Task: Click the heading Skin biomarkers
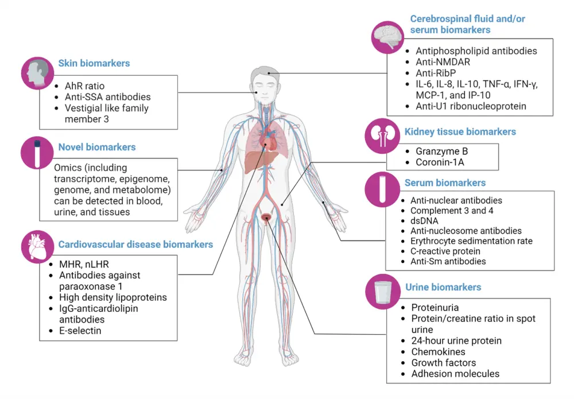[x=94, y=63]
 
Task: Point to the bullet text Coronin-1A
[x=439, y=162]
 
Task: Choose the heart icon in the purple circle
[x=37, y=246]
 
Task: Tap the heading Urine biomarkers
[x=443, y=287]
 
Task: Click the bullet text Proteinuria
[x=435, y=308]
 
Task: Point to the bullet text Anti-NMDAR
[x=444, y=62]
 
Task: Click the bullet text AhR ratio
[x=84, y=86]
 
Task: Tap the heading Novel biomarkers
[x=97, y=147]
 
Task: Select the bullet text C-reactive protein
[x=445, y=251]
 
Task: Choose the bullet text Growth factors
[x=443, y=362]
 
